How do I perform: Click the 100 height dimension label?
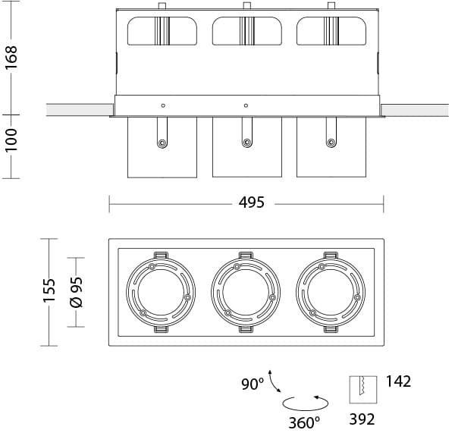[11, 140]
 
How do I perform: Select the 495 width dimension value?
[251, 202]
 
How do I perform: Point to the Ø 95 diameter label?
[76, 291]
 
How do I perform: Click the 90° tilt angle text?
[253, 384]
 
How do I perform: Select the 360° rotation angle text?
[303, 421]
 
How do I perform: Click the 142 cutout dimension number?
[398, 381]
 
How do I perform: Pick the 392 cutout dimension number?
[362, 419]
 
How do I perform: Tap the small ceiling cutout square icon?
[362, 390]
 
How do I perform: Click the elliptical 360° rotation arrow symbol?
[305, 402]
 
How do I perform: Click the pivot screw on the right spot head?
[331, 142]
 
